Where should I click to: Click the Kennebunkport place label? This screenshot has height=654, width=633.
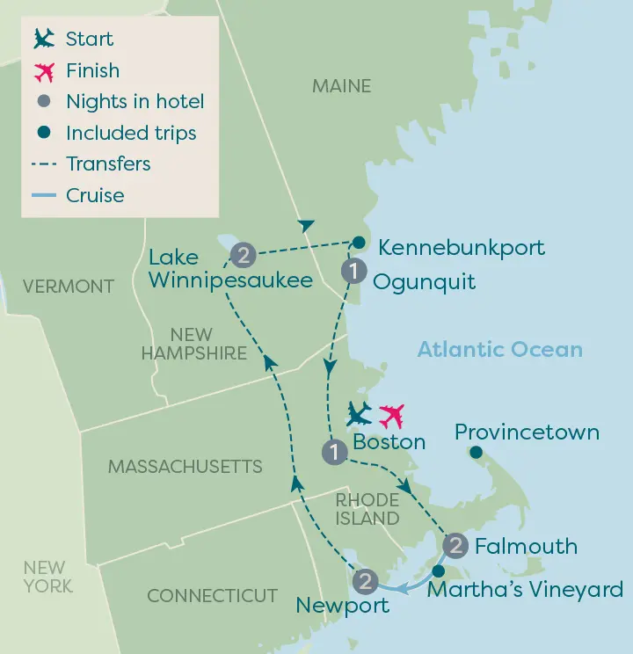[x=461, y=248]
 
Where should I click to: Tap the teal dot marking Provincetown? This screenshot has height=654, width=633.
[x=476, y=453]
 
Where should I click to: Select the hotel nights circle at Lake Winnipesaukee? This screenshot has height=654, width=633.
[x=243, y=256]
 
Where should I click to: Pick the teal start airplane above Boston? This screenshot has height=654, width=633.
[x=360, y=414]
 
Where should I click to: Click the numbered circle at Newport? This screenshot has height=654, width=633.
[x=366, y=581]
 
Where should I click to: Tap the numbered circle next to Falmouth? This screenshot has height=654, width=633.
[x=455, y=546]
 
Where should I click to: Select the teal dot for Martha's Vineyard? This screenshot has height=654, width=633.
[x=438, y=572]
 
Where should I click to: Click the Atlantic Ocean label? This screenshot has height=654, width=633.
[x=499, y=350]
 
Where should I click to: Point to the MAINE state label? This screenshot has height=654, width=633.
[x=341, y=86]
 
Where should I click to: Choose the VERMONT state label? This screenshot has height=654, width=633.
[x=69, y=287]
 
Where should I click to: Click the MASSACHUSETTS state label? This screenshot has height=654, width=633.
[x=185, y=467]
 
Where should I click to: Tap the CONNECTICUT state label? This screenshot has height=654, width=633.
[x=212, y=596]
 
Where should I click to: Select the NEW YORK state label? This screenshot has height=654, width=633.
[x=48, y=577]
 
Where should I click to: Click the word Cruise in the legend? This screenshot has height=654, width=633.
[x=95, y=195]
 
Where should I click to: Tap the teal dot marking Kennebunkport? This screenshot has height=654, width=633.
[x=359, y=243]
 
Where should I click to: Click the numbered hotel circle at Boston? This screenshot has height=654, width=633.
[x=334, y=453]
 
